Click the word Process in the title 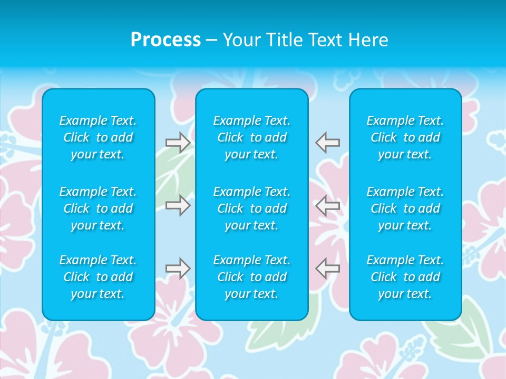coord(166,40)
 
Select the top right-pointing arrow coord(178,143)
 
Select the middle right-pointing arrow coord(178,205)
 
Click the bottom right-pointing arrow coord(178,268)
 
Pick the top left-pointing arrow coord(328,143)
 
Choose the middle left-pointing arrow coord(328,205)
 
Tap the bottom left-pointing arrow coord(328,268)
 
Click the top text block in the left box coord(98,137)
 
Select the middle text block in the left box coord(98,208)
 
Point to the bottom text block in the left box coord(98,277)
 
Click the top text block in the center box coord(252,137)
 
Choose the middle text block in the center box coord(252,208)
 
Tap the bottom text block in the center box coord(252,277)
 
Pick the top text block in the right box coord(405,137)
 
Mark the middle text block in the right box coord(405,208)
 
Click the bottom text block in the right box coord(405,277)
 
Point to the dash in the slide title coord(212,41)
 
